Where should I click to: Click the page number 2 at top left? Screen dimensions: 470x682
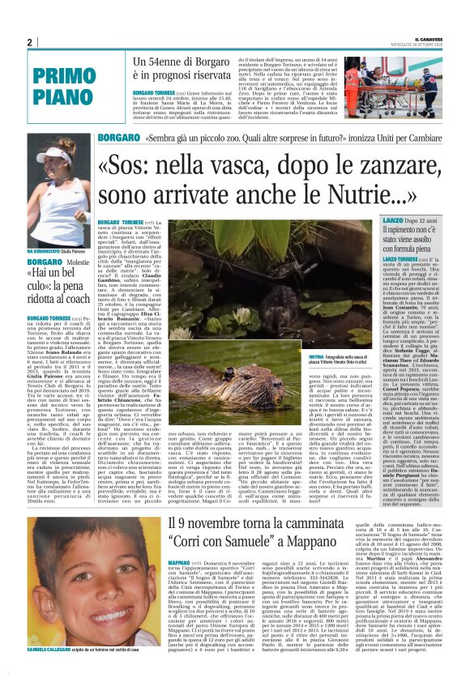(x=29, y=43)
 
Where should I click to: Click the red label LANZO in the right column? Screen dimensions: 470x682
(x=378, y=220)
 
